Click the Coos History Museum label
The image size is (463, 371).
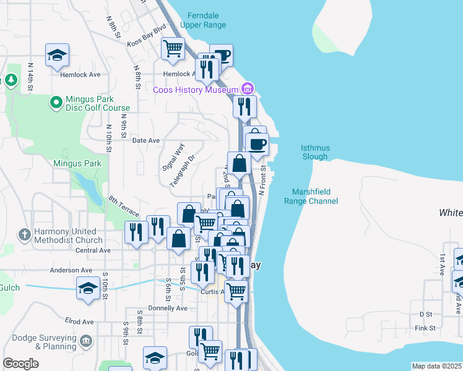195,90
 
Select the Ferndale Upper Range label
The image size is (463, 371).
203,20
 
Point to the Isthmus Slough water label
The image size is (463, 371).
314,152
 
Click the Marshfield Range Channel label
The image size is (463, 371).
311,197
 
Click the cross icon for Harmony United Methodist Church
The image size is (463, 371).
24,234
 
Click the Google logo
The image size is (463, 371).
20,364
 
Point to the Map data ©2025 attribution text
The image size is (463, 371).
436,366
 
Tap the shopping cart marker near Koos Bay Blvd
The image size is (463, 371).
173,48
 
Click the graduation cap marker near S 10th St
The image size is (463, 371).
88,287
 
